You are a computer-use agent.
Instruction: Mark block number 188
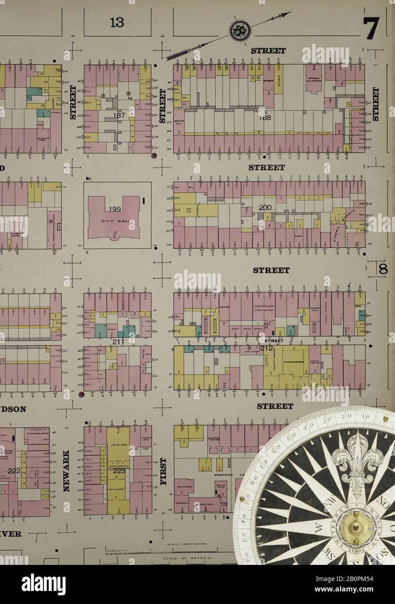point(265,117)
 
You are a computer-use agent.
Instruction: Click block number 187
point(119,115)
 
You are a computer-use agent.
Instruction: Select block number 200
point(265,208)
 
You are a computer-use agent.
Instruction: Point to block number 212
point(266,348)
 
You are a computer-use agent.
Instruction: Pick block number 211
point(118,342)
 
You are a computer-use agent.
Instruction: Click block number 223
point(118,471)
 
